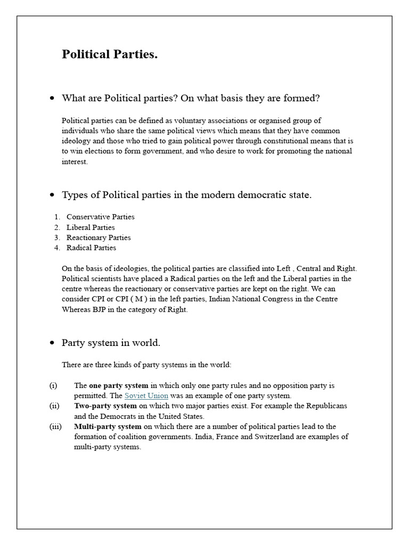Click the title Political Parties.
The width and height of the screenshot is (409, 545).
110,55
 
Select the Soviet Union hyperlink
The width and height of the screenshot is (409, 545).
146,395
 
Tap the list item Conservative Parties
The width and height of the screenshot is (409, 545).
100,217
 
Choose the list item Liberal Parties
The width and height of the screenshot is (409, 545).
91,227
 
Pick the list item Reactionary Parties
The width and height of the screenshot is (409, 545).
99,237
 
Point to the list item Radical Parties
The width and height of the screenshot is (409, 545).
91,247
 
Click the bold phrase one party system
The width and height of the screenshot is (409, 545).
119,385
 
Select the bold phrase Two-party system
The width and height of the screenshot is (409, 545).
106,406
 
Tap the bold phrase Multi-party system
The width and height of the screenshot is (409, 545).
108,426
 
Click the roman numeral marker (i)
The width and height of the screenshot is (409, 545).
53,385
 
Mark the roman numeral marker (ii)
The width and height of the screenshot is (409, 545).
54,406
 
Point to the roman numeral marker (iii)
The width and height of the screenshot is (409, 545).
55,426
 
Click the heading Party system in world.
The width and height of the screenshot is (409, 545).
111,343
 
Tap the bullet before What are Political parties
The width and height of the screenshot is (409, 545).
52,99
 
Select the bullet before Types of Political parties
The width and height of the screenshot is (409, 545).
52,195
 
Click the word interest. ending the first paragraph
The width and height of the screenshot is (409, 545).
74,161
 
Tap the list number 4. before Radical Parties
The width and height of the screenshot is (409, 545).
57,247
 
